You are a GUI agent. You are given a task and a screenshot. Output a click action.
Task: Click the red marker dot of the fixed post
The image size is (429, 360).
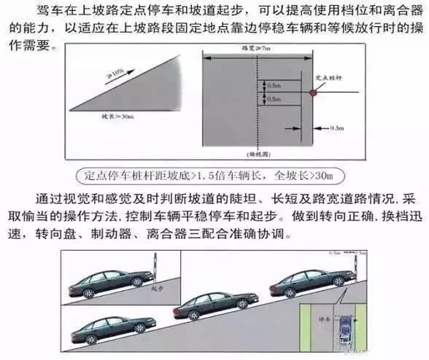click(313, 93)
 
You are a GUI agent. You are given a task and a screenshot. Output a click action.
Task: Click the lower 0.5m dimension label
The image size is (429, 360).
click(274, 98)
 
